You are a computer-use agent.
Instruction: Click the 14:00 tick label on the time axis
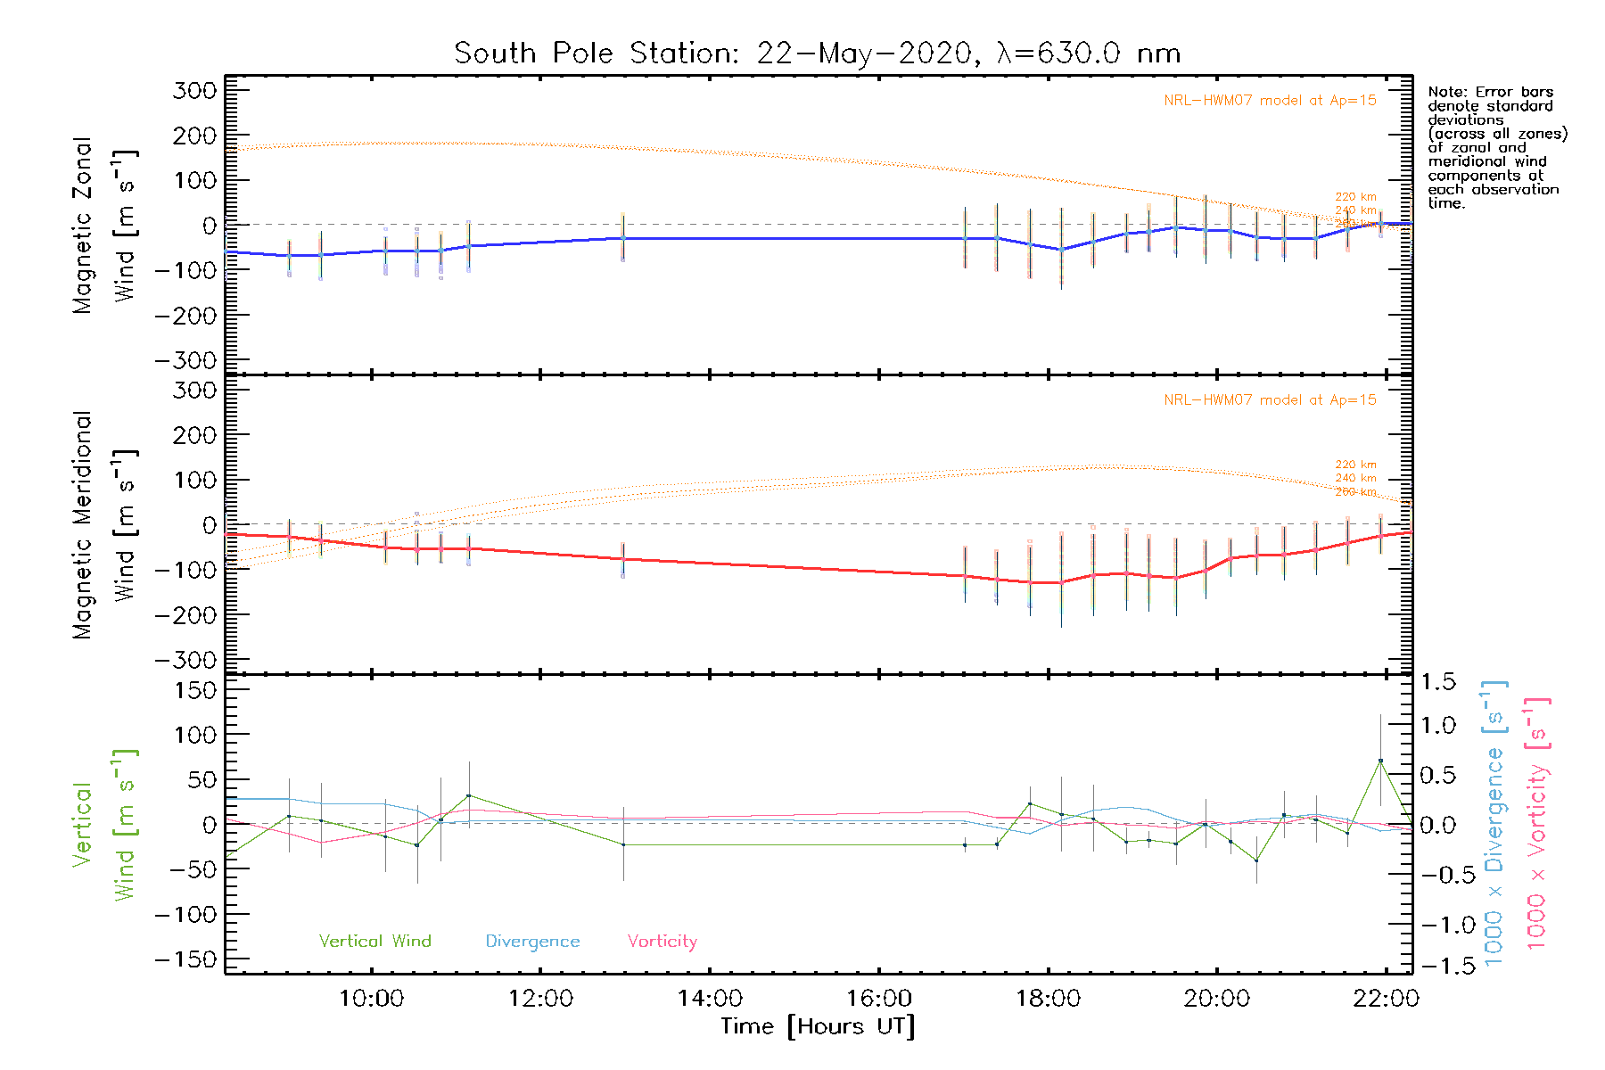click(710, 999)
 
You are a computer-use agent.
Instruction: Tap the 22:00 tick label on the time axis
click(1385, 999)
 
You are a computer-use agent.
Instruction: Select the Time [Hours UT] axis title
click(818, 1026)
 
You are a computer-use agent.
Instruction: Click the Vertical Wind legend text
click(374, 941)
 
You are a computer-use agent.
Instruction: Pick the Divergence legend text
click(532, 941)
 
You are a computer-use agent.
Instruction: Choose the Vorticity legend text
click(662, 941)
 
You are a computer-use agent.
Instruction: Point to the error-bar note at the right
click(1496, 147)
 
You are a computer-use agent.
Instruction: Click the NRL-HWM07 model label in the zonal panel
click(1270, 100)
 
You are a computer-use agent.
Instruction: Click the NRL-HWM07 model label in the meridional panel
click(1270, 399)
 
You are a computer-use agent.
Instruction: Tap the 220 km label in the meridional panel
click(1355, 465)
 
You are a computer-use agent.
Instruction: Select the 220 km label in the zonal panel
click(1355, 197)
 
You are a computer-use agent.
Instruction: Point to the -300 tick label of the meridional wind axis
click(186, 660)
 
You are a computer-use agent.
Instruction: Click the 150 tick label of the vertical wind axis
click(195, 690)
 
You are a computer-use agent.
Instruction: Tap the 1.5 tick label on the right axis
click(1437, 682)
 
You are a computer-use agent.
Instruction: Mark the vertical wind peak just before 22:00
click(1380, 761)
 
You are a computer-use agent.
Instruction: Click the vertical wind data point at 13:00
click(623, 844)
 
